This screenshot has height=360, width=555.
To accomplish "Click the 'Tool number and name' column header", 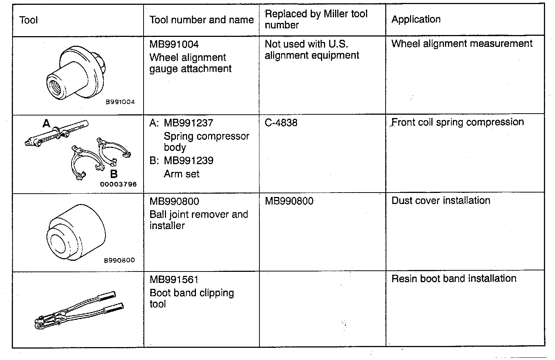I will point(201,20).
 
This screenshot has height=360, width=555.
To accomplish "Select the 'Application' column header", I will point(416,19).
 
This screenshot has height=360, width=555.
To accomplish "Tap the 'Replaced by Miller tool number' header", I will point(316,19).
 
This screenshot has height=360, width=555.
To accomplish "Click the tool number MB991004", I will point(174,44).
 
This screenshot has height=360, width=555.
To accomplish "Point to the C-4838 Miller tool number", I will point(281,122).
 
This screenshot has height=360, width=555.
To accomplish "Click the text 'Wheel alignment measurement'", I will point(462,44).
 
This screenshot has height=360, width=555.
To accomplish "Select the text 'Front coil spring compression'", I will point(458,122).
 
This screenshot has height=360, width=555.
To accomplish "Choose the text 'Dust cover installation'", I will point(441,201).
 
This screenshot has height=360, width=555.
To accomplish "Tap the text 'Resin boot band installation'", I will point(454,278).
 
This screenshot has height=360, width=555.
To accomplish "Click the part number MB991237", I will point(189,123).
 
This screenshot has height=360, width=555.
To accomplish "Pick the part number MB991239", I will point(189,160).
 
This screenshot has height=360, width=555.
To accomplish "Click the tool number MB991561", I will point(174,280).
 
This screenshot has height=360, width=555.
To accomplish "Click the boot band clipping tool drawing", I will point(77,310).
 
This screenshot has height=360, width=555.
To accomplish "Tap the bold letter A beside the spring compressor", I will point(46,124).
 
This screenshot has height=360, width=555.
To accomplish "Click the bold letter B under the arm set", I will point(114,174).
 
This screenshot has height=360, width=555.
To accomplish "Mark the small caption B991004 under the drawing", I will point(120,102).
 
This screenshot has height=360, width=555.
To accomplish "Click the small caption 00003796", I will point(118,184).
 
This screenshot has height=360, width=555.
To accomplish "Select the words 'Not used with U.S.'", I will point(306,44).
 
